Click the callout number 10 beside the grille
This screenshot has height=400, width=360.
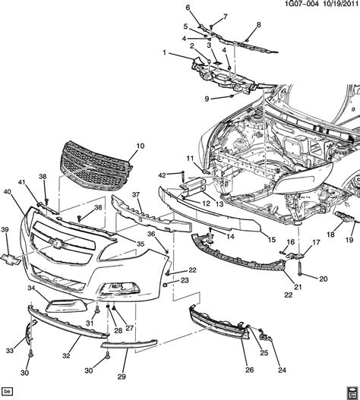(139, 145)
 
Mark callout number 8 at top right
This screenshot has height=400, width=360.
(257, 25)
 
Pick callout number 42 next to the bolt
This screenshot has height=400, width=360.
(161, 176)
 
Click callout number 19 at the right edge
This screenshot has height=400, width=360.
(350, 240)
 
